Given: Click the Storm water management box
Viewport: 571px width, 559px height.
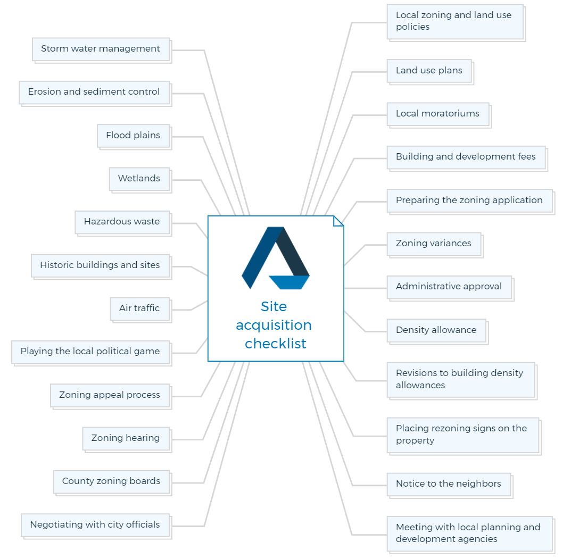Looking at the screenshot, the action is click(102, 50).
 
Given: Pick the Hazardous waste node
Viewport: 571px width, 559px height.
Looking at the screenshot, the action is click(123, 223).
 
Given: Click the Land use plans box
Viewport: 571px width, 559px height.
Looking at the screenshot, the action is click(430, 72).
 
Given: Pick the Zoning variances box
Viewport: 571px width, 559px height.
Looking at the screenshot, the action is click(435, 245).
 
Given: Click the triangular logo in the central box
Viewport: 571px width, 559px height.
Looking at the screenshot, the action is click(276, 258).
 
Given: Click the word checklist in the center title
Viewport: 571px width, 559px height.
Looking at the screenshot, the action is click(276, 343).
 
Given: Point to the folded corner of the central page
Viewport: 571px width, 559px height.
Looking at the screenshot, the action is click(338, 221).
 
